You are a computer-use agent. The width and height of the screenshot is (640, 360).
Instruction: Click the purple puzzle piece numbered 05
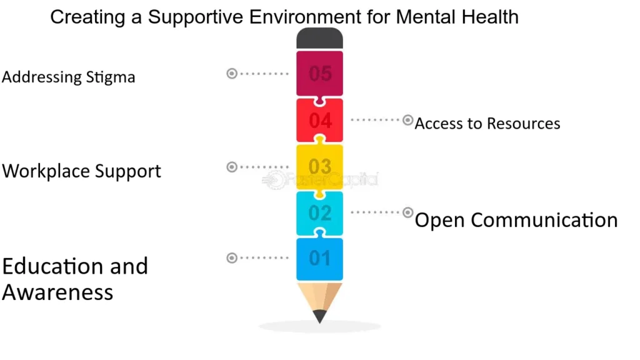[319, 74]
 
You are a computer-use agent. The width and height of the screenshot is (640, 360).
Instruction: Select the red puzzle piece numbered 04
[319, 120]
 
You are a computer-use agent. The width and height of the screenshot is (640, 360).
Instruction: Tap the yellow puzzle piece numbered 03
[319, 167]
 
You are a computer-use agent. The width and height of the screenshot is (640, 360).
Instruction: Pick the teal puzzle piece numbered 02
[319, 213]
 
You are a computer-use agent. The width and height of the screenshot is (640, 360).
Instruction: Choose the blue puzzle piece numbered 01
[319, 258]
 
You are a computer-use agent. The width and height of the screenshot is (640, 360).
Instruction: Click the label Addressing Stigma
[68, 77]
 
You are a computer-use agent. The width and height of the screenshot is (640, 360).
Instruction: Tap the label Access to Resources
[487, 123]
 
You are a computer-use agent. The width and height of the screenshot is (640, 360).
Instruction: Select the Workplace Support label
[82, 171]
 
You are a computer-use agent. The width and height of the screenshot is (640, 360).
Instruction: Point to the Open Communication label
[516, 220]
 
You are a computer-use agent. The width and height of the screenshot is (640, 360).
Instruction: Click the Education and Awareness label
[75, 279]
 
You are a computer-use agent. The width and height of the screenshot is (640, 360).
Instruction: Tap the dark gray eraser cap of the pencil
[319, 39]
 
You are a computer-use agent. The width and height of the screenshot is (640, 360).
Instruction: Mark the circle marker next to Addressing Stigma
[232, 74]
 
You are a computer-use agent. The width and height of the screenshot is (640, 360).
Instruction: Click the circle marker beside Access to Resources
[407, 119]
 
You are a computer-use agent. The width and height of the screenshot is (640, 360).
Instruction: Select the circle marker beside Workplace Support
[232, 167]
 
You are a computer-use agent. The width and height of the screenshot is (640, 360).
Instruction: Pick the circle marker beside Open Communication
[407, 212]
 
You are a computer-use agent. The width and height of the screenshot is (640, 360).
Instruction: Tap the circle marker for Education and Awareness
[232, 257]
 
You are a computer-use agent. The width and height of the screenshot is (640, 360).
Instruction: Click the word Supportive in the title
[196, 17]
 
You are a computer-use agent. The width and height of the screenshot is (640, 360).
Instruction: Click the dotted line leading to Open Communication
[376, 212]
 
